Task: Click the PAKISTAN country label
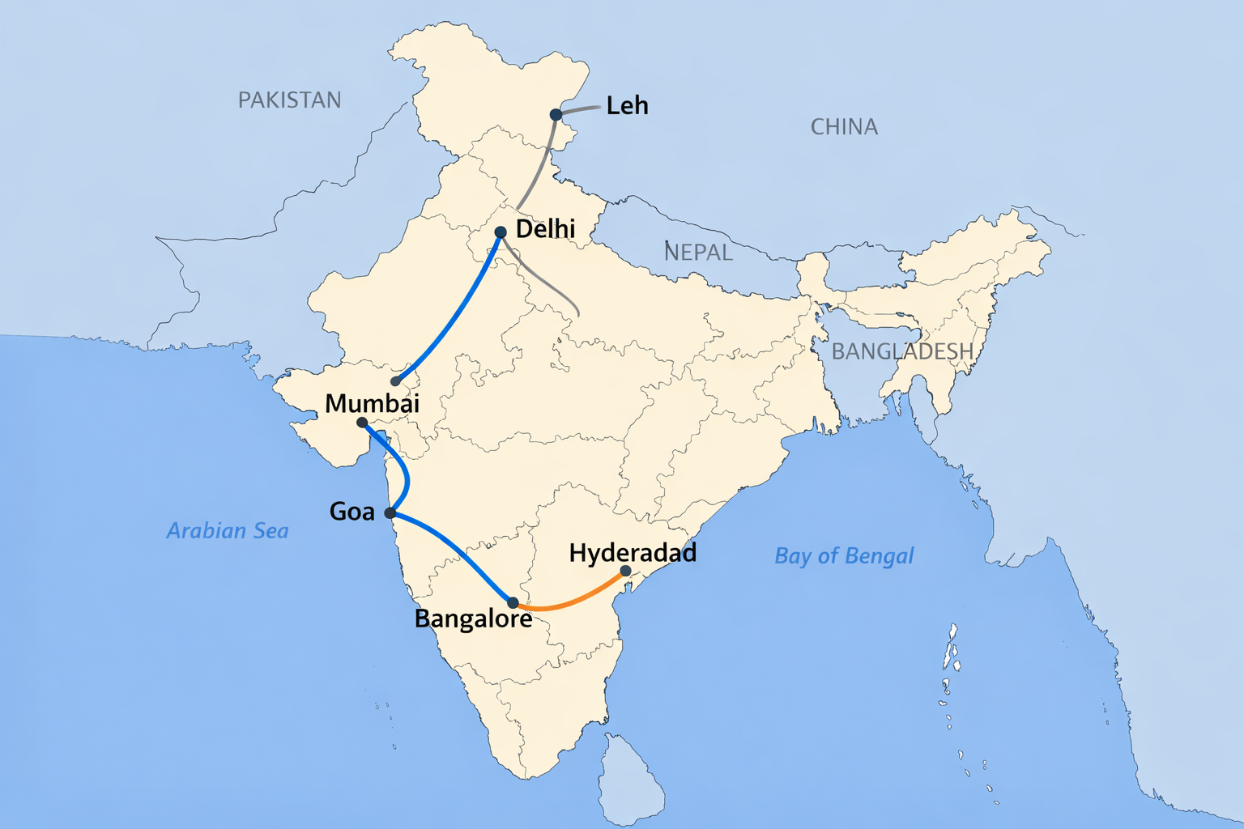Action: pos(289,100)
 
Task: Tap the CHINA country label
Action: pos(844,126)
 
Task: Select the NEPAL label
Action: pos(698,252)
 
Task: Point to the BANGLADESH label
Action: pos(902,351)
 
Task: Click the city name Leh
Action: pos(627,105)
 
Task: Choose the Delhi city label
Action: pos(545,229)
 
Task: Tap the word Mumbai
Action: pos(372,403)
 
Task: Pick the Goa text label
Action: pos(351,512)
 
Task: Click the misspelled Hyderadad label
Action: pos(633,553)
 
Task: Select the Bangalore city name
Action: pos(473,619)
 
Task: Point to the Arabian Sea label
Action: pos(228,531)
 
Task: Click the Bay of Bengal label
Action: pos(844,556)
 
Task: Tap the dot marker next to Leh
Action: pos(556,115)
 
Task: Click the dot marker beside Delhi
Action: pos(501,232)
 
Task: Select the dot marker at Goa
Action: pos(390,513)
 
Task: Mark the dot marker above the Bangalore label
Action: pos(513,603)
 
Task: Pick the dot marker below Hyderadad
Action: pos(625,571)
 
